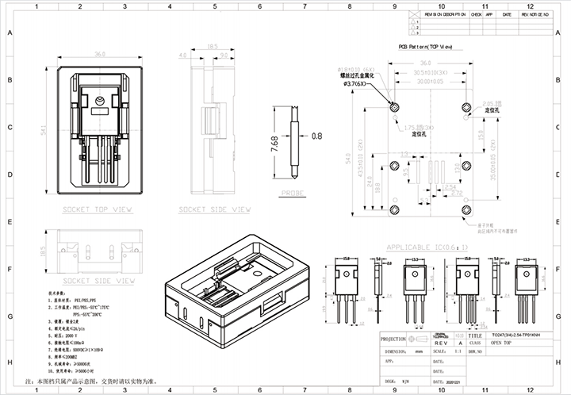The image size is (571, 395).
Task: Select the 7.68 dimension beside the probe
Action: pos(274,143)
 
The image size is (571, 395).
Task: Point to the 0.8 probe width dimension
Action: pos(317,136)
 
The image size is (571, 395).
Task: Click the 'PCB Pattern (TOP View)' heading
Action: pos(425,48)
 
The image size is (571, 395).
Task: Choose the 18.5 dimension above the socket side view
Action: pos(213,47)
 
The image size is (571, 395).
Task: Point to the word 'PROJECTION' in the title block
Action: pos(394,336)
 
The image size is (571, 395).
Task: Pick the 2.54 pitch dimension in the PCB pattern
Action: pos(449,187)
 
